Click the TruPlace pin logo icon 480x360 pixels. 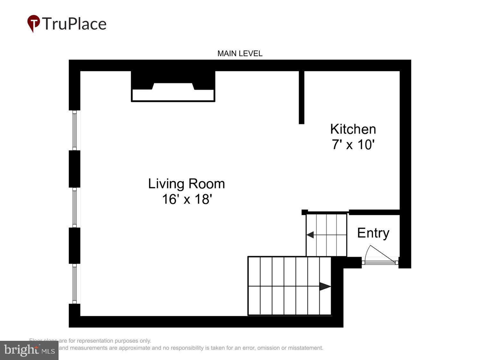[34, 23]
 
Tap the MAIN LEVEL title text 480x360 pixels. [240, 53]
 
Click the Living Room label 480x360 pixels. [187, 184]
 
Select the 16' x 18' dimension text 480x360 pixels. [187, 199]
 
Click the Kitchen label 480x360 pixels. [353, 129]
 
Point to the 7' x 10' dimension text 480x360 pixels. [353, 145]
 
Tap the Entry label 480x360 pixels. [373, 233]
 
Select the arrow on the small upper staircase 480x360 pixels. [310, 235]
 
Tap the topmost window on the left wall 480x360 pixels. [75, 130]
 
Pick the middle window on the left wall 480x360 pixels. [75, 207]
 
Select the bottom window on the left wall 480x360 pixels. [75, 284]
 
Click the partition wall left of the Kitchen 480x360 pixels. [301, 97]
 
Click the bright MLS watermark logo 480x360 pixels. [29, 350]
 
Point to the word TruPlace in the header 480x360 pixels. [74, 24]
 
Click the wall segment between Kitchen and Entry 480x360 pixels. [374, 212]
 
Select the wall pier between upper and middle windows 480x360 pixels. [75, 169]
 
